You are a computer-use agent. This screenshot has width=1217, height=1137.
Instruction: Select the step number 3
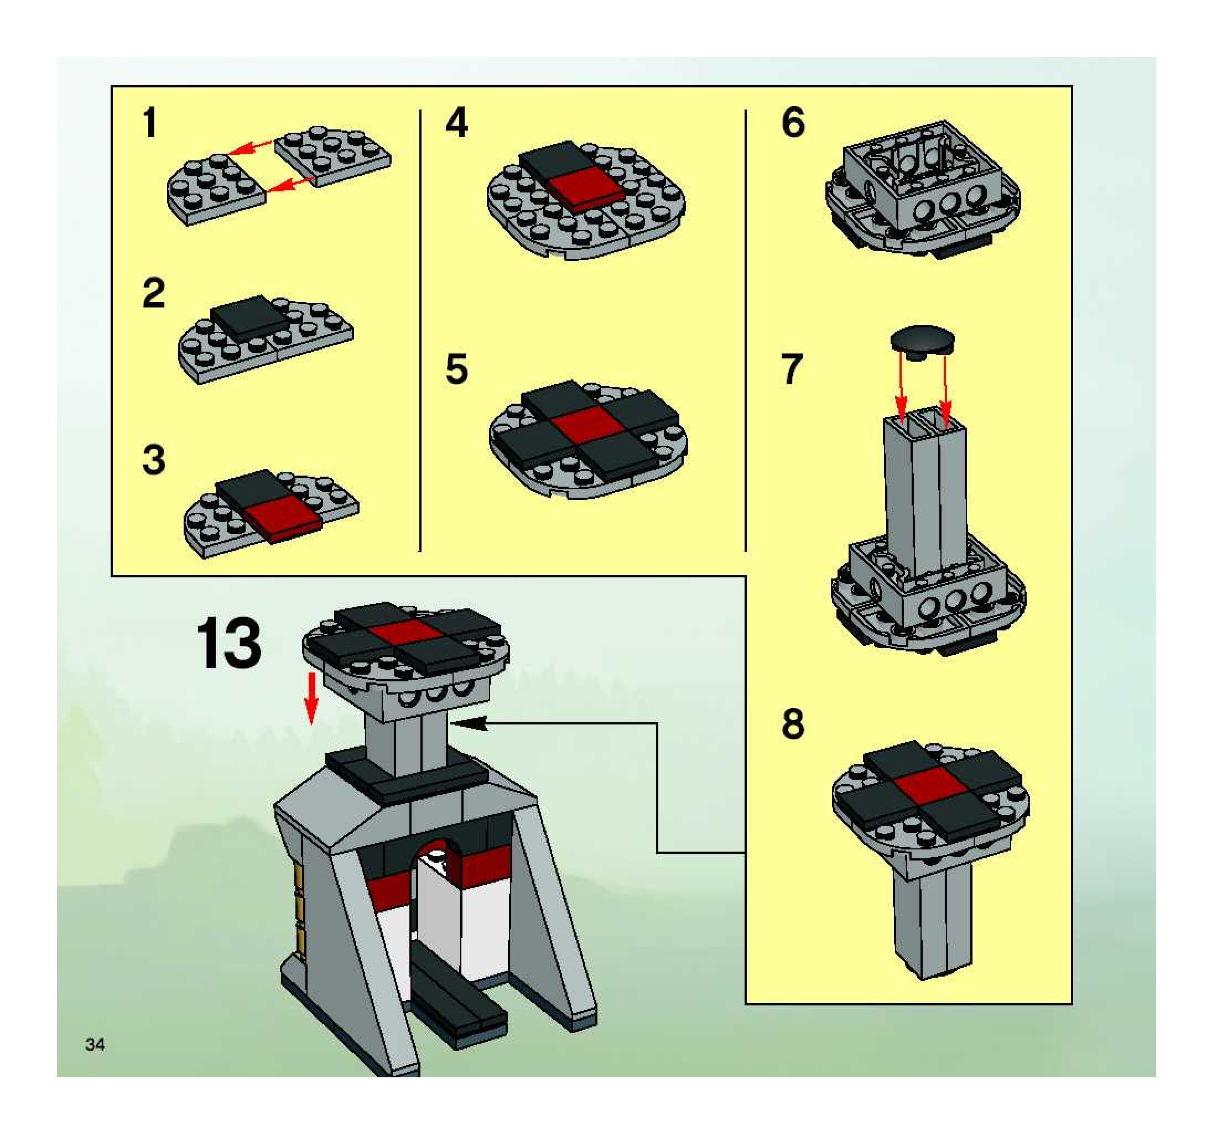pyautogui.click(x=154, y=460)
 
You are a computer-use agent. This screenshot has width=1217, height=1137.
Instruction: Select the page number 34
pyautogui.click(x=96, y=1044)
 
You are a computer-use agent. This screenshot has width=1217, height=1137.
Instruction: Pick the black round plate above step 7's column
pyautogui.click(x=923, y=339)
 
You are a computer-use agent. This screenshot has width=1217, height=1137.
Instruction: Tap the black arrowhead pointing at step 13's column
pyautogui.click(x=471, y=723)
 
